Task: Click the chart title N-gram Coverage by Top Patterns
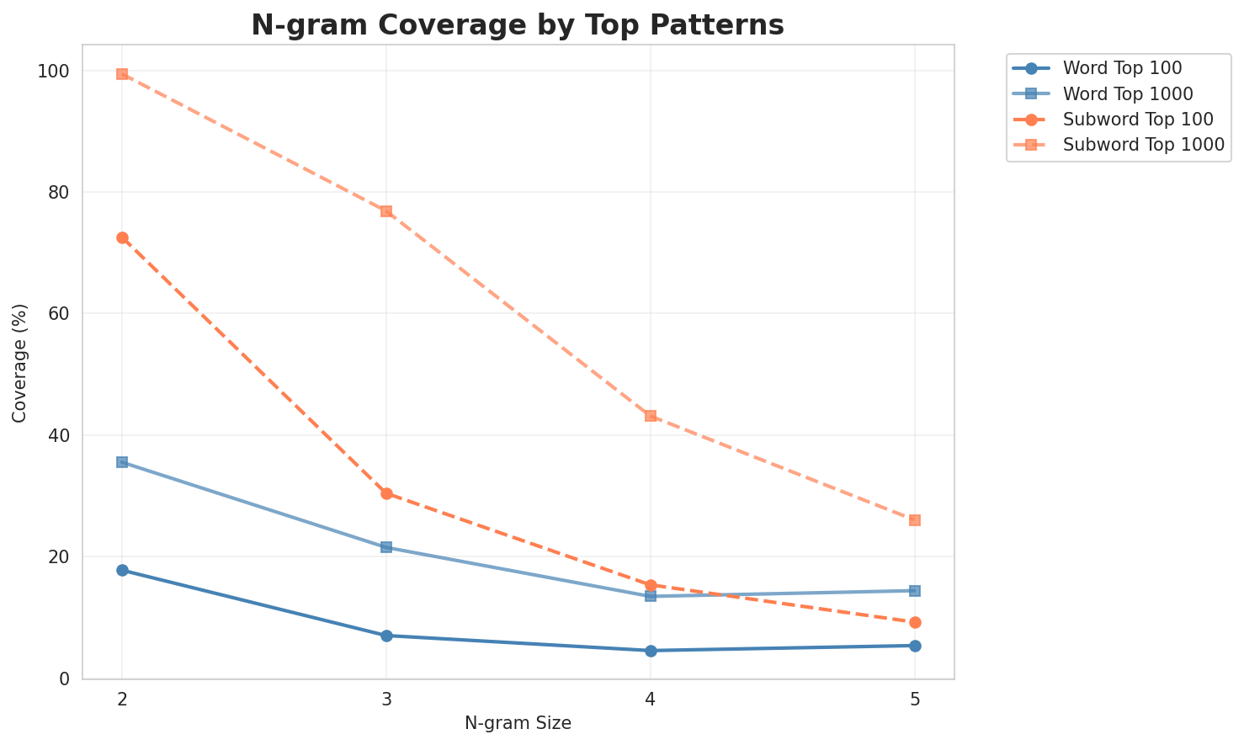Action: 518,25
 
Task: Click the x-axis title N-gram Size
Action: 518,723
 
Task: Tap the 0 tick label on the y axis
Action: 63,678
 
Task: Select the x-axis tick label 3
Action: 386,699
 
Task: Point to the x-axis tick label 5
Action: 915,699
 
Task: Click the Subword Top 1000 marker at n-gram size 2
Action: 122,74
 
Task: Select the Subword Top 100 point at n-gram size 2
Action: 122,238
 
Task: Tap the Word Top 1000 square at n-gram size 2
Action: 122,462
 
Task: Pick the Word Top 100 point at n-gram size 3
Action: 386,636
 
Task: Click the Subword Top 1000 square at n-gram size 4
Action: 651,416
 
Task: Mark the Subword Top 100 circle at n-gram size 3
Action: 386,493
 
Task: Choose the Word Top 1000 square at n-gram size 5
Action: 915,591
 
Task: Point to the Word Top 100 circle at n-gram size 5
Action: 915,646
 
